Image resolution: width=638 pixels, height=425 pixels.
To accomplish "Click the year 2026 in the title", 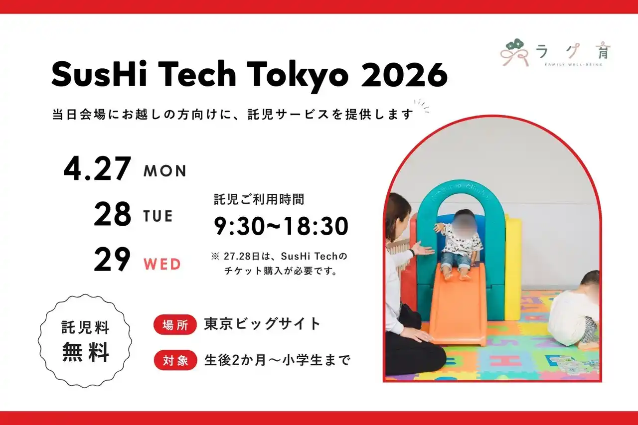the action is (x=404, y=75).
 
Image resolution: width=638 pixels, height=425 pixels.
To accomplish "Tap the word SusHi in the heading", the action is (x=99, y=74).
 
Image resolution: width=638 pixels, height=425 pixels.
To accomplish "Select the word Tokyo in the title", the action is (x=298, y=76).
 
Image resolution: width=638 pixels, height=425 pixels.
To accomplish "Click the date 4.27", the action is (x=97, y=168).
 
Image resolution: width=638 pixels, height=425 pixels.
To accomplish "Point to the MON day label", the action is (x=165, y=171).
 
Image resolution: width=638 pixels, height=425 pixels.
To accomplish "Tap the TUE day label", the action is (x=158, y=216).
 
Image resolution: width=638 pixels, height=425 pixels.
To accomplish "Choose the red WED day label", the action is (x=162, y=264).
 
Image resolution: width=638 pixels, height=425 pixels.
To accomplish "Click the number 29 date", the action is (x=112, y=259).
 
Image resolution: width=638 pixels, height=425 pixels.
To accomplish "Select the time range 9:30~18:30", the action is (x=281, y=226).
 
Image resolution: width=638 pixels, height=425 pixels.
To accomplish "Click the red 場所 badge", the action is (x=175, y=324).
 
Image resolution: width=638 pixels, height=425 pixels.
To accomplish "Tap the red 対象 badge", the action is (x=175, y=360).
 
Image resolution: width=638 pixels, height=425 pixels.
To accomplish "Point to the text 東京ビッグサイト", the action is (x=263, y=324).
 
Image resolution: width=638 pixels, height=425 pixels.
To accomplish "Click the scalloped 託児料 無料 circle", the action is (x=85, y=341).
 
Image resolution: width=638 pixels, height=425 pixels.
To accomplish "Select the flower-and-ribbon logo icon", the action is (x=515, y=53).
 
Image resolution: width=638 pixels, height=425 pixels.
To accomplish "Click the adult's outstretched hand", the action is (x=422, y=249).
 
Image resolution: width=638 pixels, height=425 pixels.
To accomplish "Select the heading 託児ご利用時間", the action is (x=259, y=199).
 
